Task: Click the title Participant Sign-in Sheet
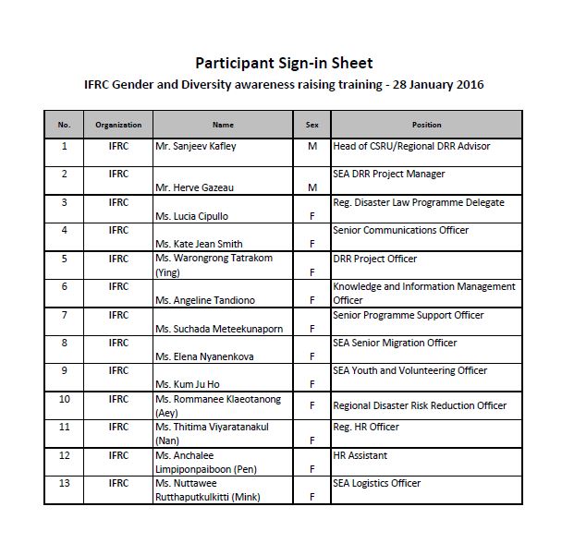[x=284, y=63]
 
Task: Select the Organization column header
[x=118, y=125]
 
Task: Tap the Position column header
[x=426, y=125]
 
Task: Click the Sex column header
[x=312, y=125]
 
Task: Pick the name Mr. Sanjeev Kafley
[x=197, y=146]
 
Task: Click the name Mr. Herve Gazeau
[x=193, y=187]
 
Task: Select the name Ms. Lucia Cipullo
[x=192, y=216]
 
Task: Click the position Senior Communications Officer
[x=400, y=230]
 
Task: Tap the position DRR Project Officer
[x=374, y=259]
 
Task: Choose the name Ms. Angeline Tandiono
[x=204, y=300]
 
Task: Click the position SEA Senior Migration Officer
[x=395, y=343]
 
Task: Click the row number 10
[x=64, y=399]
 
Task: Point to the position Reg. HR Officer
[x=366, y=427]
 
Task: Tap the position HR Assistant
[x=360, y=455]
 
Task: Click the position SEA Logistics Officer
[x=376, y=483]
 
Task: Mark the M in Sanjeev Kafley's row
[x=312, y=146]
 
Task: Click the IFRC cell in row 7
[x=118, y=315]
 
